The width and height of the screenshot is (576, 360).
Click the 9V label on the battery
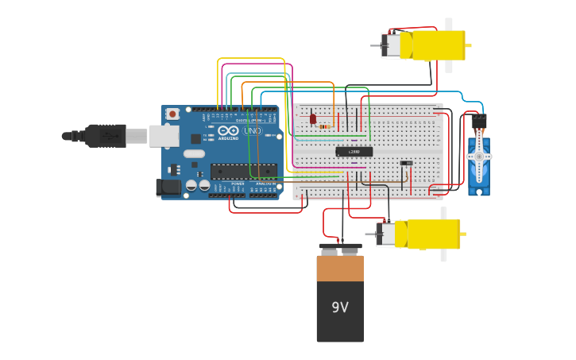click(340, 307)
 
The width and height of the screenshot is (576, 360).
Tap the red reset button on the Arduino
click(172, 114)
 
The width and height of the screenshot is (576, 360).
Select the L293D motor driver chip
click(354, 151)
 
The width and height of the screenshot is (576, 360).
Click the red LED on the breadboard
click(313, 118)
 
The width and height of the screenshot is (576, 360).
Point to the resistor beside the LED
click(324, 126)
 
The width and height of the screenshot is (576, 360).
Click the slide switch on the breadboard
click(406, 163)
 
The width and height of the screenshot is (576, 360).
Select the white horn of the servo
click(478, 157)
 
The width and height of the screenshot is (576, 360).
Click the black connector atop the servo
click(479, 122)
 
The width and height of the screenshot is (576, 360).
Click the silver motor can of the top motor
click(391, 45)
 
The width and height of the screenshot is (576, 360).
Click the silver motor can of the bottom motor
click(385, 234)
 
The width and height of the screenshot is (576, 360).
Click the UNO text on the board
click(252, 130)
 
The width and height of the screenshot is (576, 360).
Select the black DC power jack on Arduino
click(168, 188)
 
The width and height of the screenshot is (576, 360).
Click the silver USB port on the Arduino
click(164, 136)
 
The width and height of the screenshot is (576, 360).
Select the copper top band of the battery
click(340, 268)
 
